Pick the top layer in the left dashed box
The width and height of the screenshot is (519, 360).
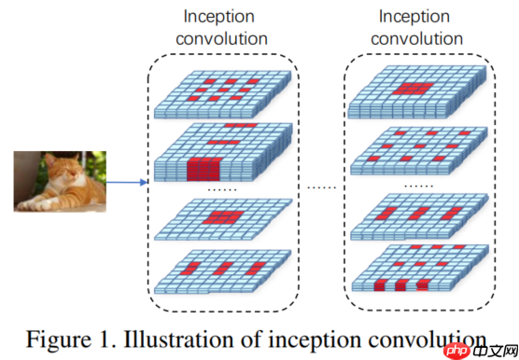point(224,93)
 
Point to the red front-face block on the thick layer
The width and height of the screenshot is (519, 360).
point(203,171)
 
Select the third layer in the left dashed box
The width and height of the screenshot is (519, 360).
point(224,221)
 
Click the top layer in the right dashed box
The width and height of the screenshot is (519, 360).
point(418,94)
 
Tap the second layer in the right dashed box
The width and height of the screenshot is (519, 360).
point(418,145)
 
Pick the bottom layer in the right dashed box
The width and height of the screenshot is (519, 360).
point(418,269)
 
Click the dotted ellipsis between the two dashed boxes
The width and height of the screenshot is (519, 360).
point(321,187)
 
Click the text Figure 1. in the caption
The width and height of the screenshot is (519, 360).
point(63,339)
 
